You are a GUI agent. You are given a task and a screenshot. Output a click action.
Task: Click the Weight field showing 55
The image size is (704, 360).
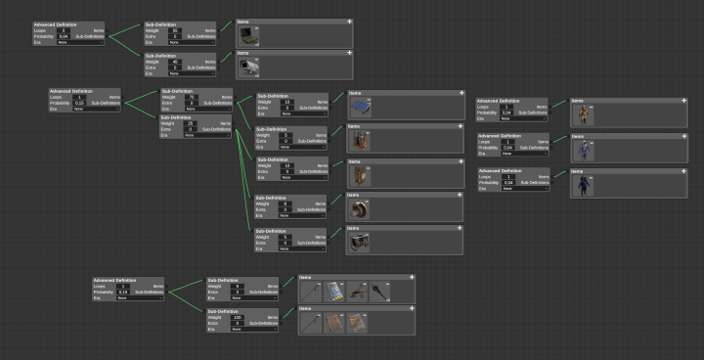pyautogui.click(x=174, y=31)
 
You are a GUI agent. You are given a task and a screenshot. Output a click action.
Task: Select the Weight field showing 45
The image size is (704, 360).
pyautogui.click(x=174, y=63)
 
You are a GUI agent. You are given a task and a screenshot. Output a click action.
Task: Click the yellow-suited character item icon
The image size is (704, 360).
pyautogui.click(x=583, y=113)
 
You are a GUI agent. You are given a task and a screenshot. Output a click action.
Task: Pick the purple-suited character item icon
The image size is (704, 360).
pyautogui.click(x=583, y=149)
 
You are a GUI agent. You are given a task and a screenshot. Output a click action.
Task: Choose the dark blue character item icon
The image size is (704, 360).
pyautogui.click(x=583, y=183)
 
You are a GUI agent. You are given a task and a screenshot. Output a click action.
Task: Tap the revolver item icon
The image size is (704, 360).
pyautogui.click(x=355, y=292)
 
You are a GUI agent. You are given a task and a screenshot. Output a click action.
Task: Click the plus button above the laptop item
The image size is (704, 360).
pyautogui.click(x=349, y=21)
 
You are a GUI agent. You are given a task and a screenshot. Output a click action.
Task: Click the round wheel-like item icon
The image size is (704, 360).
pyautogui.click(x=361, y=207)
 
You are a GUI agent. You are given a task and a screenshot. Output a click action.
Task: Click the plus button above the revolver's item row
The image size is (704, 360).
pyautogui.click(x=414, y=279)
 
